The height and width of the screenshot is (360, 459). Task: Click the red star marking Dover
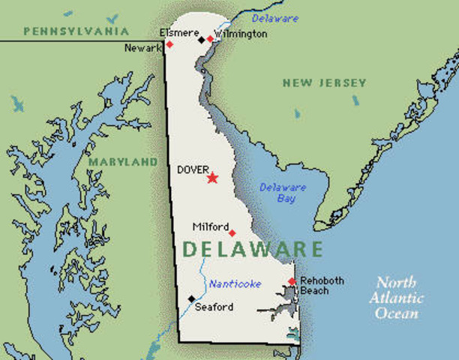click(x=212, y=178)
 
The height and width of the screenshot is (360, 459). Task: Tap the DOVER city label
click(x=193, y=170)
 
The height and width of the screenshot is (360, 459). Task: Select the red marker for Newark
click(x=169, y=44)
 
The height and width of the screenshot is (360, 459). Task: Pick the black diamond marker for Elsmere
click(x=201, y=39)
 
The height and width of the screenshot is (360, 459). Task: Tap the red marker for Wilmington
click(x=210, y=38)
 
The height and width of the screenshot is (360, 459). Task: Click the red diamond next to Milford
click(x=232, y=232)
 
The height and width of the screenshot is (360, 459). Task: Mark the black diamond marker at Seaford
click(x=191, y=298)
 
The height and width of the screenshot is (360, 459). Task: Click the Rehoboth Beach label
click(x=322, y=286)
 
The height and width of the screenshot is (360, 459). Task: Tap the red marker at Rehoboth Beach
click(x=292, y=281)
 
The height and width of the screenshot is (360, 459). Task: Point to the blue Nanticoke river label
click(x=235, y=283)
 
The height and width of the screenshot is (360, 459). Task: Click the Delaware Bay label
click(x=283, y=193)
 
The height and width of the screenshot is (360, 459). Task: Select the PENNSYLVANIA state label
click(x=76, y=31)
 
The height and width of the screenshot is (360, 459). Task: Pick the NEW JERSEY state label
click(x=324, y=82)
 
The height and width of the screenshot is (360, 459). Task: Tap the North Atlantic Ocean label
click(x=399, y=298)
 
